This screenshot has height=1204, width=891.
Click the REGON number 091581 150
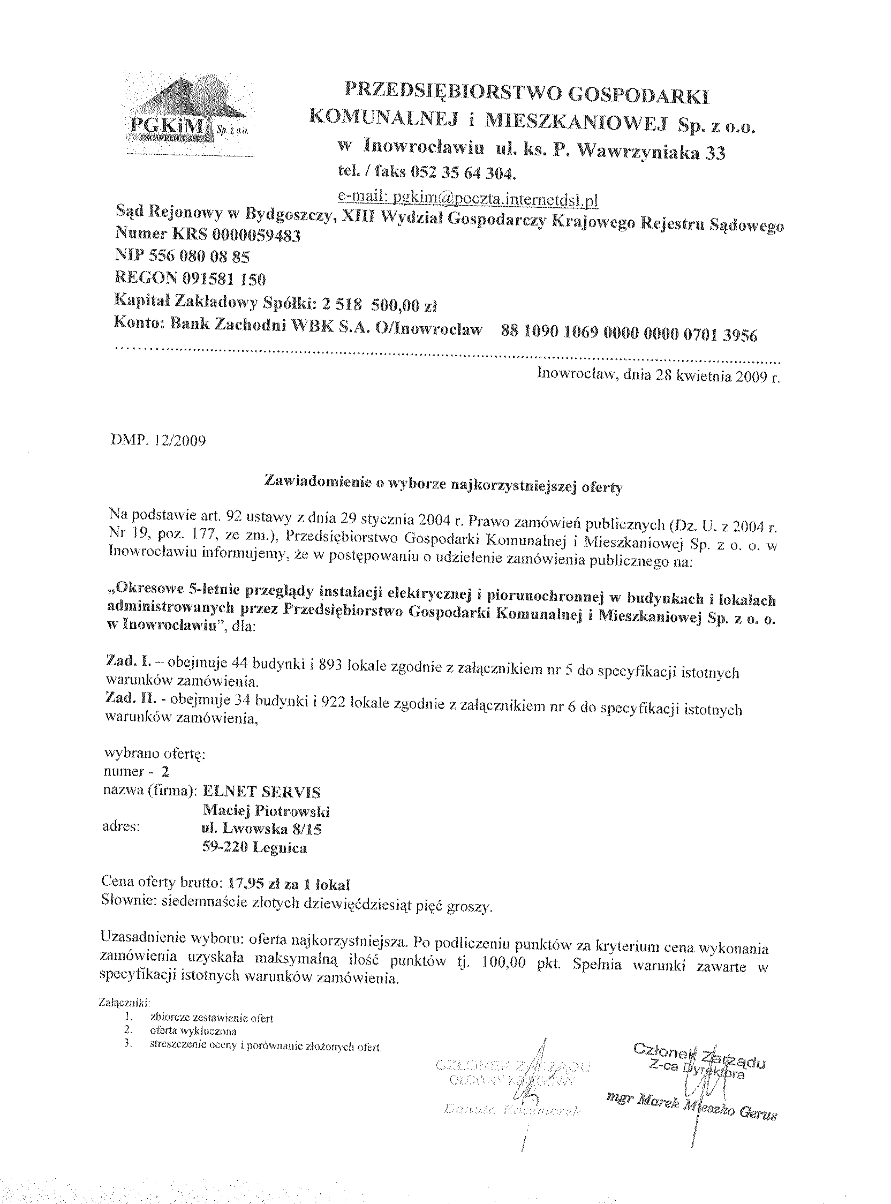click(217, 279)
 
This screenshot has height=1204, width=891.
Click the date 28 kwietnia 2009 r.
click(717, 376)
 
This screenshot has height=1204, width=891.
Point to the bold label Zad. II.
click(125, 698)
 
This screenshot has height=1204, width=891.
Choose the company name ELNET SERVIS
click(261, 792)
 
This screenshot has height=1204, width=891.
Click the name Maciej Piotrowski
click(266, 811)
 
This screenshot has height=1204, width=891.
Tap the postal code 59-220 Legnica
click(254, 847)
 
